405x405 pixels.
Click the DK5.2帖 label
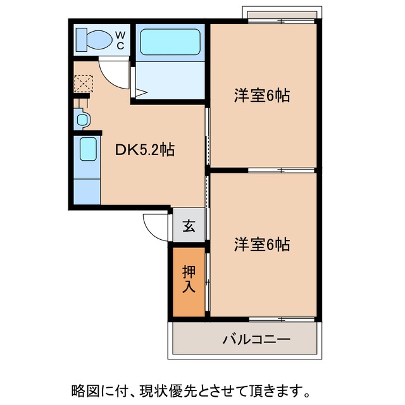click(145, 150)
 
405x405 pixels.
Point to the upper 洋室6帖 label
click(262, 96)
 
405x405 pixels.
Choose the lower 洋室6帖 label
click(262, 244)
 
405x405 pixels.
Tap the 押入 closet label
click(189, 279)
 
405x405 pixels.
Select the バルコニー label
click(256, 340)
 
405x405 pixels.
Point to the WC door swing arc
click(115, 71)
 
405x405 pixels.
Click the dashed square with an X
click(84, 83)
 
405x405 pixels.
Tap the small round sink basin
click(82, 118)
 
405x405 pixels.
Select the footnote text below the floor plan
click(189, 386)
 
